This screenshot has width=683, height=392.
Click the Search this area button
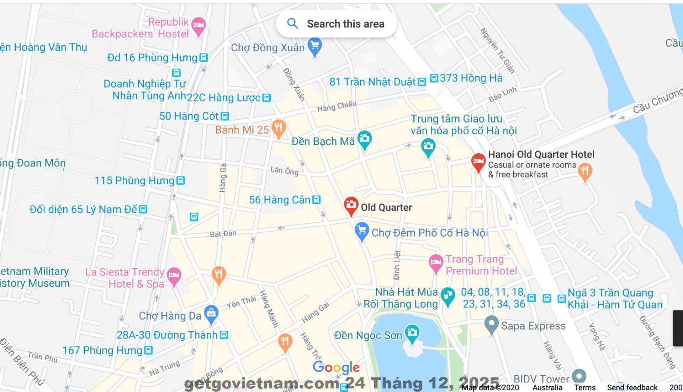336,24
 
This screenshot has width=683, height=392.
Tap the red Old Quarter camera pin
351,205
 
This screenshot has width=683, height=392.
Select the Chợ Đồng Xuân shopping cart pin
315,46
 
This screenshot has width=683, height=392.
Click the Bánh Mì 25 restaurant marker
279,128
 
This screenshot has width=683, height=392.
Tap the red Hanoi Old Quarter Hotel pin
478,162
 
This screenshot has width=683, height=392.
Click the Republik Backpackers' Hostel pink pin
198,26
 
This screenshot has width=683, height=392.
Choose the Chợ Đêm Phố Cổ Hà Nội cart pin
362,231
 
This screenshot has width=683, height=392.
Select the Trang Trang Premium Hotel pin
435,263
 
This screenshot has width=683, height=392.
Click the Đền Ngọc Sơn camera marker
412,333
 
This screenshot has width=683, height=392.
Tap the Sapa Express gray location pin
491,324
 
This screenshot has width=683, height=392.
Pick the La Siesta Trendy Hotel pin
174,275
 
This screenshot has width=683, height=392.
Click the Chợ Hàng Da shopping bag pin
211,314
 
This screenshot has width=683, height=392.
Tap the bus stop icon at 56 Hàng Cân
316,200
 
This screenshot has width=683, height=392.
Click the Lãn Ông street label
284,170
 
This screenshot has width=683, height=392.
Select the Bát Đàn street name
223,234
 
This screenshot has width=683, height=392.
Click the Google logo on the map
336,367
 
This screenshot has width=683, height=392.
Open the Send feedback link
632,387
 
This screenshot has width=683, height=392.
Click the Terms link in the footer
584,387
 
